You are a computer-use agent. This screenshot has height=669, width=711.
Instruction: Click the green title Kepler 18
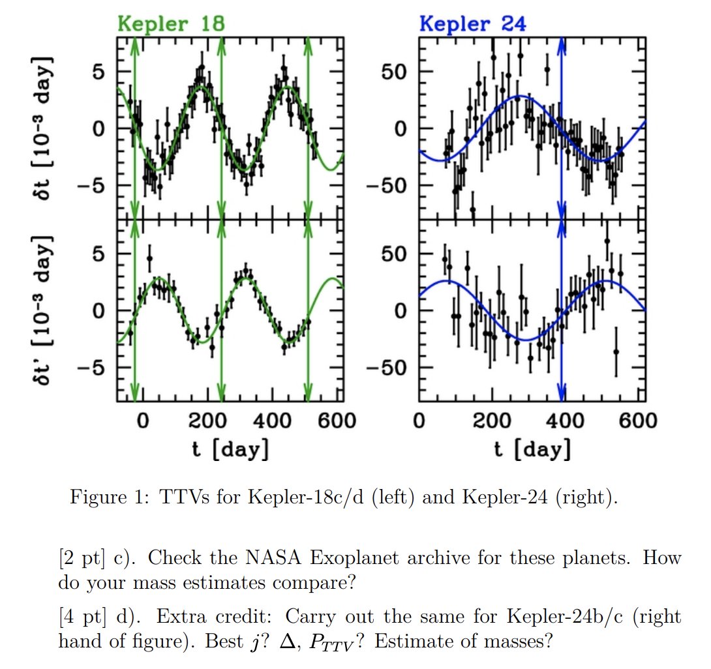coord(171,23)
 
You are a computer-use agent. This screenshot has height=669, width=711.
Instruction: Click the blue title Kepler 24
coord(473,23)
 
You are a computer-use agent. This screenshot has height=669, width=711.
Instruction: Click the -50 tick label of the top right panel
coord(389,186)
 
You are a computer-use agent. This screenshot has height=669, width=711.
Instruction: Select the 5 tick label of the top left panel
coord(97,72)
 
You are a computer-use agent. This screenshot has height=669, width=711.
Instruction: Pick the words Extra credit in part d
coord(213,617)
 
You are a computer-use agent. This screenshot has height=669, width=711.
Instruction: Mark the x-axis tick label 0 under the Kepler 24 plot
coord(419,420)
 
